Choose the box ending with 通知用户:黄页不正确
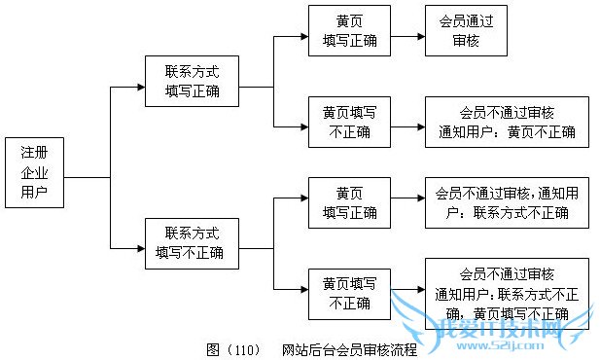(x=506, y=123)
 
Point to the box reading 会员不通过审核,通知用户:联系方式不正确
(x=506, y=202)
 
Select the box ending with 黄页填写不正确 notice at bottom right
(x=506, y=290)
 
